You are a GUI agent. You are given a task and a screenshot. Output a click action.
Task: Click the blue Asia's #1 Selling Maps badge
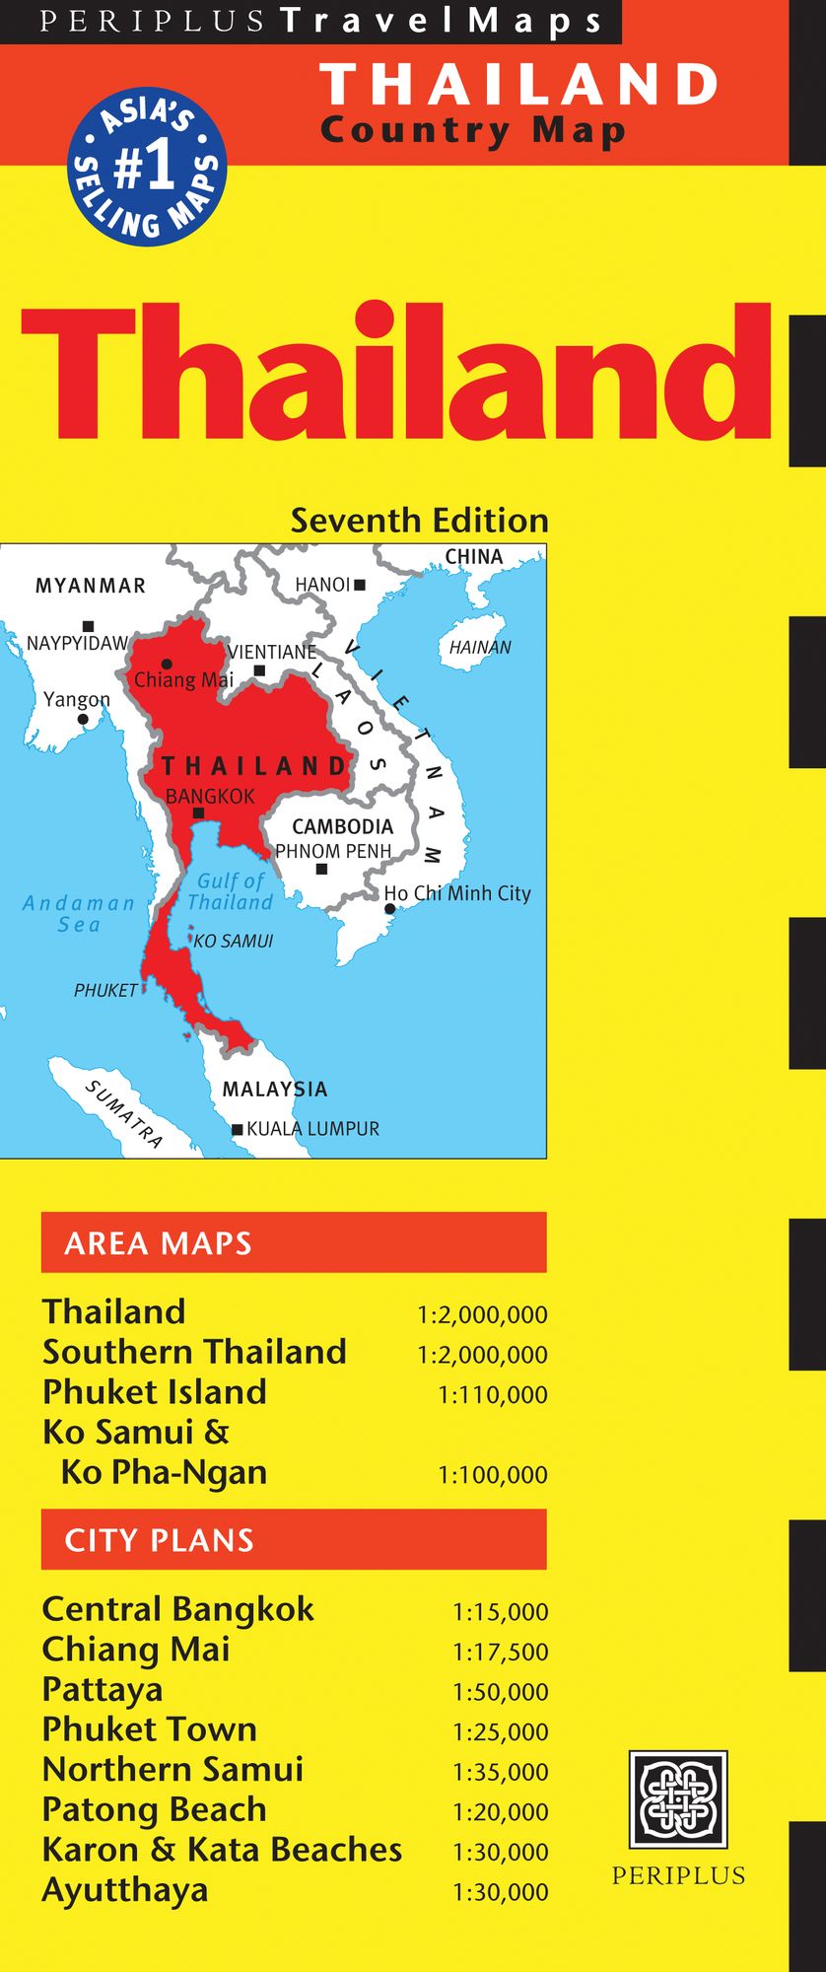click(x=147, y=168)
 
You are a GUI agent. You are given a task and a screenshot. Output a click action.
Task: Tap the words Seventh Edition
click(x=419, y=521)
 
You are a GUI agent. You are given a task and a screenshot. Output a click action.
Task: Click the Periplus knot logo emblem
click(x=678, y=1799)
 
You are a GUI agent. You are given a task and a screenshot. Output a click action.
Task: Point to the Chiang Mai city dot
click(x=168, y=664)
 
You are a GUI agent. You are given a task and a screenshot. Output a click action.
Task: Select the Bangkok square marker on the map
click(x=198, y=813)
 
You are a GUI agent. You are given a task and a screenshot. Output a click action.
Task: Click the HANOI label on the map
click(x=322, y=585)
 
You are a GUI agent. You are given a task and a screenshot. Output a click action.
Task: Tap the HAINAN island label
click(x=480, y=648)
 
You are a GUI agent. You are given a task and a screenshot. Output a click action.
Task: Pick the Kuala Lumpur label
click(x=312, y=1129)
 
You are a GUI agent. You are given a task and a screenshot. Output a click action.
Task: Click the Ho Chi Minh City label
click(x=457, y=893)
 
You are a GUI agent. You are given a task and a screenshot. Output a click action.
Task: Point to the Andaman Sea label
click(x=79, y=913)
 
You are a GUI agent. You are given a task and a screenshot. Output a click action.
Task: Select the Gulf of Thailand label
click(x=231, y=891)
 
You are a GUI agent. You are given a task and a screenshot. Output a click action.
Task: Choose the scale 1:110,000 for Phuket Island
click(x=492, y=1395)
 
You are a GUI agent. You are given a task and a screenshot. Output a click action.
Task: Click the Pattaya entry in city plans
click(x=103, y=1689)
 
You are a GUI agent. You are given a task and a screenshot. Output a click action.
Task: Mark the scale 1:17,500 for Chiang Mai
click(x=500, y=1652)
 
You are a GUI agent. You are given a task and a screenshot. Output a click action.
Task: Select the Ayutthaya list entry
click(x=125, y=1890)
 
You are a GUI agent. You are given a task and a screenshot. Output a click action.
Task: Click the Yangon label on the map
click(x=77, y=700)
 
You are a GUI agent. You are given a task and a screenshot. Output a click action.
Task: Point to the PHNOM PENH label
click(x=333, y=851)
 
